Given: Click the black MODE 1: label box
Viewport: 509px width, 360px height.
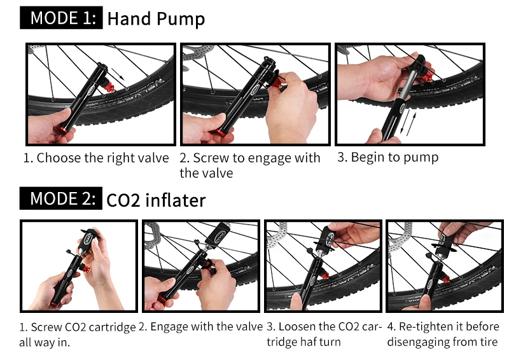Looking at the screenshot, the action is pos(61,18).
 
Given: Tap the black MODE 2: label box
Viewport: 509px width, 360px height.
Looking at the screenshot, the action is pos(60,198).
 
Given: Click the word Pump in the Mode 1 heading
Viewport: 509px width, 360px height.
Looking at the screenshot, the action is pos(181,20).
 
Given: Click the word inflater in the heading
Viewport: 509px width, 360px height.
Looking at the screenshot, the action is pos(176,200).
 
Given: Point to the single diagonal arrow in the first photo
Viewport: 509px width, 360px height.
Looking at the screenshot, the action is pos(118,74).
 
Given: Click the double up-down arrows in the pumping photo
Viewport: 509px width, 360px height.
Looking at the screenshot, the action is pos(408,122).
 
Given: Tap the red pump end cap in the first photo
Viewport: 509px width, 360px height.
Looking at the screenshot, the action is pos(62,130).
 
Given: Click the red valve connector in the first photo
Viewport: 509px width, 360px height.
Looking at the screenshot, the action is pos(109,87).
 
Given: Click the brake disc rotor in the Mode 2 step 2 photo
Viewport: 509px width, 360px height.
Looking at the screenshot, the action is pos(152,234).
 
